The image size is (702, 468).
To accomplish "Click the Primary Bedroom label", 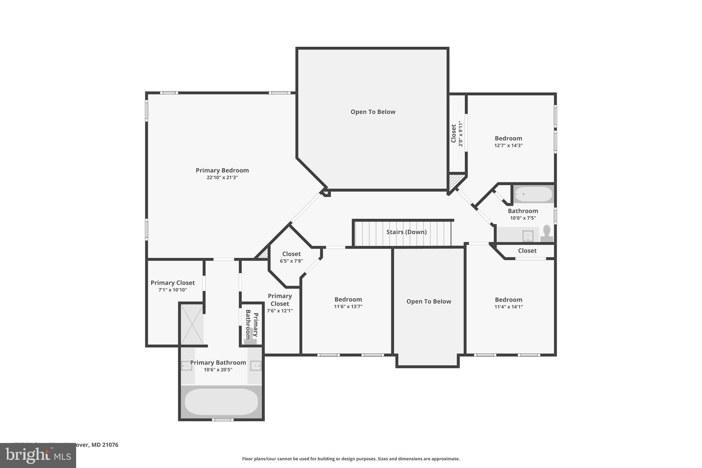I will click(x=222, y=170).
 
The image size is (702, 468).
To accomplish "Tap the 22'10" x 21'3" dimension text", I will click(x=222, y=178).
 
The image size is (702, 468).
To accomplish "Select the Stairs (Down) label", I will click(x=406, y=232).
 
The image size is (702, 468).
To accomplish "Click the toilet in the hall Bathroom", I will click(x=546, y=233).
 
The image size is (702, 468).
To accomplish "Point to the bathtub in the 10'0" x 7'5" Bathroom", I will click(x=533, y=194).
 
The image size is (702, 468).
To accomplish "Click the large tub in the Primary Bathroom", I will click(x=221, y=401).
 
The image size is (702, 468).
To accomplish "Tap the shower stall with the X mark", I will click(x=192, y=324).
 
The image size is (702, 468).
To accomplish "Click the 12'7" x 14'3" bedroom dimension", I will click(x=508, y=145).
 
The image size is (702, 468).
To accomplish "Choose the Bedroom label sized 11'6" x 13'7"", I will click(x=348, y=300).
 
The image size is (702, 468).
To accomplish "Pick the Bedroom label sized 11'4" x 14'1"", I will click(x=508, y=300).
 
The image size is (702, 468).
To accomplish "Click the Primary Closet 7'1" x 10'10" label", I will click(x=172, y=283).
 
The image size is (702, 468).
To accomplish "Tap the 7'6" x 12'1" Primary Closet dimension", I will click(x=280, y=311).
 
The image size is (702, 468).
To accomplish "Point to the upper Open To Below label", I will click(x=373, y=112).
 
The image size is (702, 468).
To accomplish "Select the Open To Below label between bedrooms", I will click(x=428, y=301).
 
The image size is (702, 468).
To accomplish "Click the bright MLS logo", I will click(x=38, y=456).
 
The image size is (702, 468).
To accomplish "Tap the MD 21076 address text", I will click(x=105, y=445).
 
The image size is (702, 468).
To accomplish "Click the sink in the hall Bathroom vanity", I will click(x=528, y=236).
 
